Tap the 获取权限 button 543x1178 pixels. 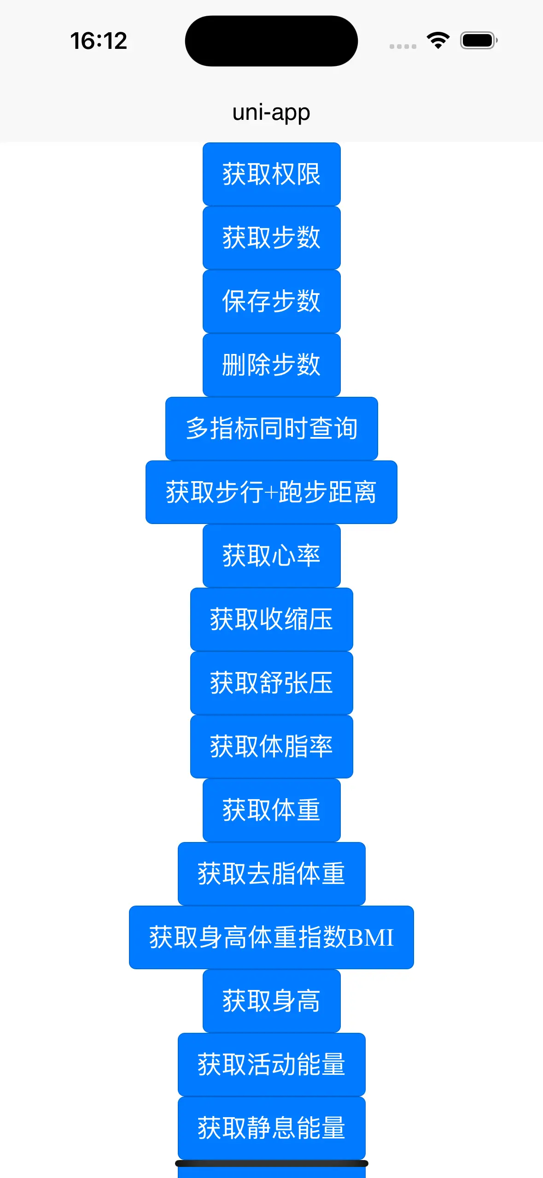pos(271,174)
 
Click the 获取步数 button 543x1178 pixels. pos(271,238)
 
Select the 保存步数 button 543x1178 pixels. pos(271,301)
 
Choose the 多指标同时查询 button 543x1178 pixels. pos(271,429)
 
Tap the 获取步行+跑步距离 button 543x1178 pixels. pos(271,492)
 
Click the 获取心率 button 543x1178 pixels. pos(271,556)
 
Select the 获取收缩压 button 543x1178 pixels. pos(271,619)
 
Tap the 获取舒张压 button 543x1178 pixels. pos(271,683)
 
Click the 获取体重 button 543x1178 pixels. pos(271,810)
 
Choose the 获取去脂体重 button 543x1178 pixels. pos(271,874)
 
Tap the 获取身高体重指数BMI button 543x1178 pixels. pos(271,937)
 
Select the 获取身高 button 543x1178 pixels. pos(271,1001)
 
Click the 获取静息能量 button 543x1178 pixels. pos(271,1128)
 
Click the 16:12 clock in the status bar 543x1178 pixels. pos(99,41)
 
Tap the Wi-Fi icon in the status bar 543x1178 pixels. pos(438,41)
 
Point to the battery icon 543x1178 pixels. pos(479,41)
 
